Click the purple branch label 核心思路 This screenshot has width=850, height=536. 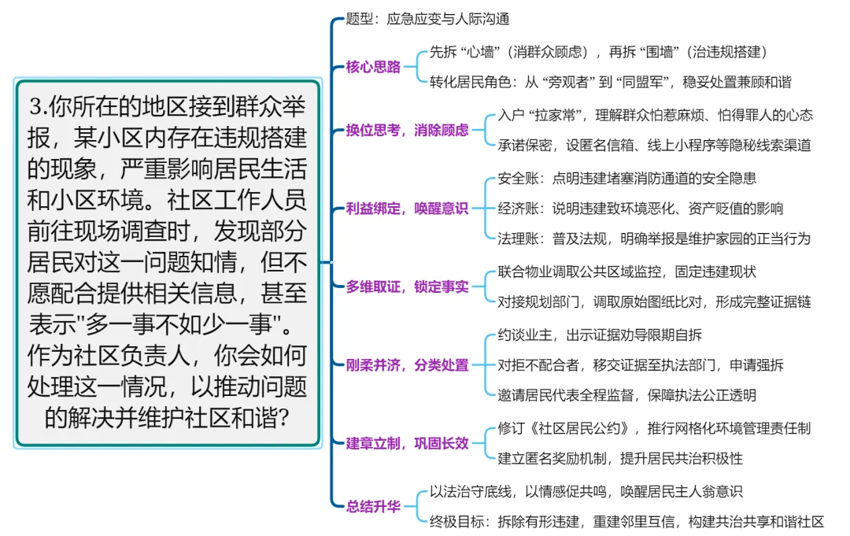pyautogui.click(x=373, y=67)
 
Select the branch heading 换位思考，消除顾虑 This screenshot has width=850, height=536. pyautogui.click(x=407, y=130)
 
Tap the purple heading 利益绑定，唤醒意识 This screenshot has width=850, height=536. pyautogui.click(x=407, y=209)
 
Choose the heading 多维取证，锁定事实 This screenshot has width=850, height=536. pyautogui.click(x=407, y=286)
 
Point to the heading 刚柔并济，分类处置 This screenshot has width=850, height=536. pyautogui.click(x=407, y=364)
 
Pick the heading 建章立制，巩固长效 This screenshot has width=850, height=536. pyautogui.click(x=407, y=443)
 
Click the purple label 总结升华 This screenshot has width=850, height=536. pyautogui.click(x=373, y=506)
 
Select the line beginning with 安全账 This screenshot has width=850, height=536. pyautogui.click(x=626, y=179)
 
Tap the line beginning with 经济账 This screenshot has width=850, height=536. pyautogui.click(x=640, y=209)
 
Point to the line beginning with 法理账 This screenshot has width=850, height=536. pyautogui.click(x=653, y=238)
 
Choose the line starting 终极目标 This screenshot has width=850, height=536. pyautogui.click(x=626, y=521)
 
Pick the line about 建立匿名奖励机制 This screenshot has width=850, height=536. pyautogui.click(x=620, y=458)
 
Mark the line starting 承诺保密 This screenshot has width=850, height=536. pyautogui.click(x=653, y=145)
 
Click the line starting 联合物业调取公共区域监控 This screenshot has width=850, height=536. pyautogui.click(x=626, y=272)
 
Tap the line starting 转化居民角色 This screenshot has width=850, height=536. pyautogui.click(x=610, y=82)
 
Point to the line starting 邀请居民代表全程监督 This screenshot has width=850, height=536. pyautogui.click(x=626, y=395)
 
